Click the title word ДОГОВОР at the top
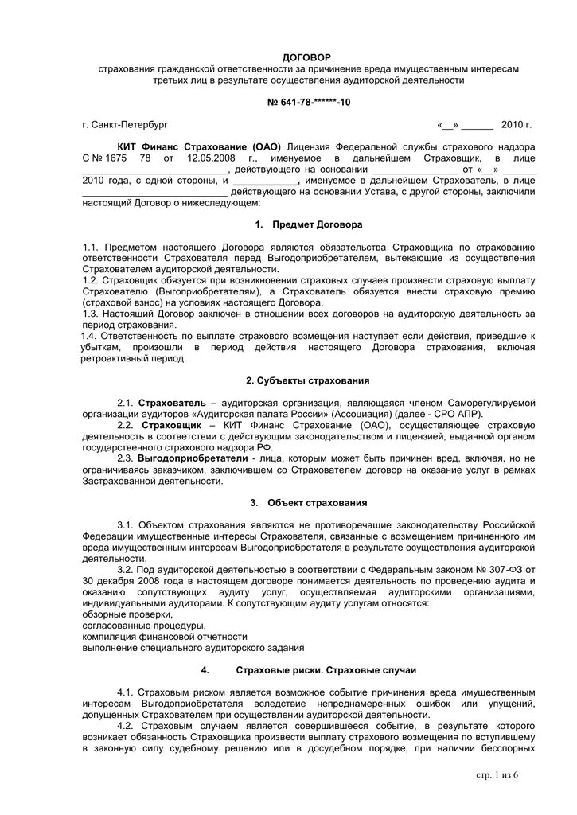[x=306, y=57]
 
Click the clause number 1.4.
[x=90, y=337]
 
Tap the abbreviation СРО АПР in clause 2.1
[x=458, y=415]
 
